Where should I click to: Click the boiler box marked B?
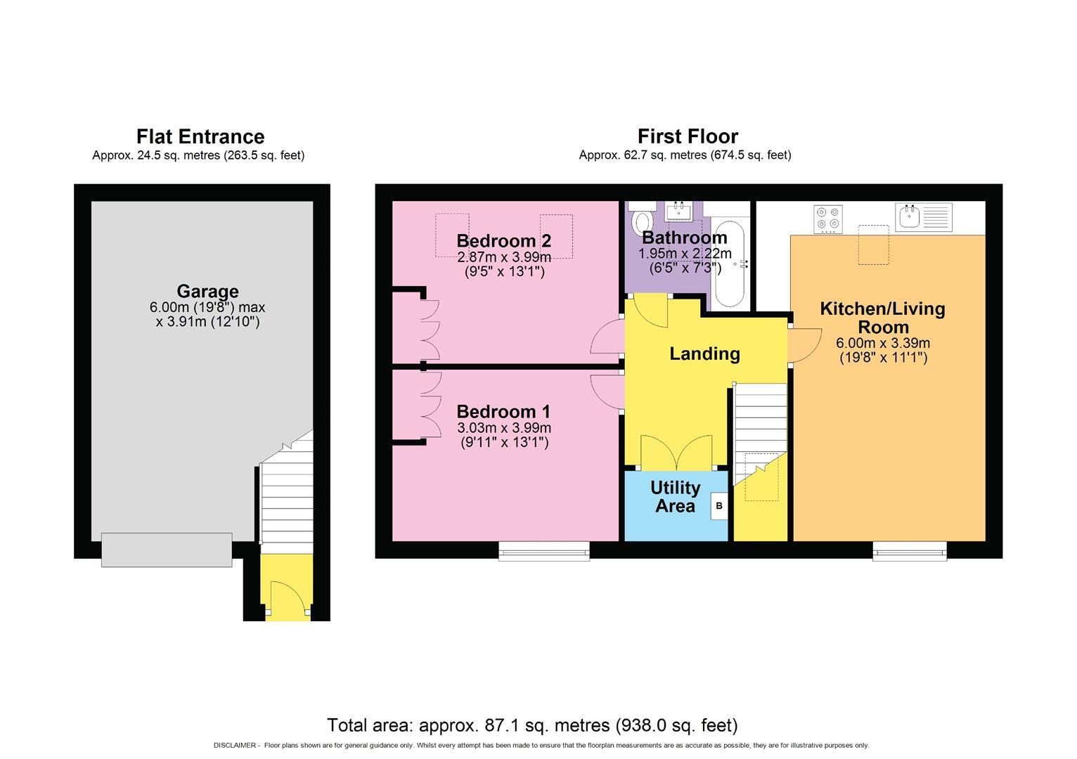(718, 506)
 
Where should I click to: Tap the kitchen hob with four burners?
(828, 219)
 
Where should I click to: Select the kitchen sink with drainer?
(923, 217)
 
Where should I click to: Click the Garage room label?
(207, 291)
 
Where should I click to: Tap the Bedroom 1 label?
(503, 412)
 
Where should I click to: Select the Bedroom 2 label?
(503, 241)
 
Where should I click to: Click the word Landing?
(704, 353)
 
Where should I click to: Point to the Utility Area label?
(675, 497)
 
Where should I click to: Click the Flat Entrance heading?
(200, 136)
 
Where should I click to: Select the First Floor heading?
(688, 136)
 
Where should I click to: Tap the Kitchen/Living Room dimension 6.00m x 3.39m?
(882, 344)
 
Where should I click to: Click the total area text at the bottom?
(532, 725)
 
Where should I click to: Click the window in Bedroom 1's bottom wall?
(544, 551)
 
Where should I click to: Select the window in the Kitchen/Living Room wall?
(910, 551)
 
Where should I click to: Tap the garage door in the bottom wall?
(167, 550)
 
